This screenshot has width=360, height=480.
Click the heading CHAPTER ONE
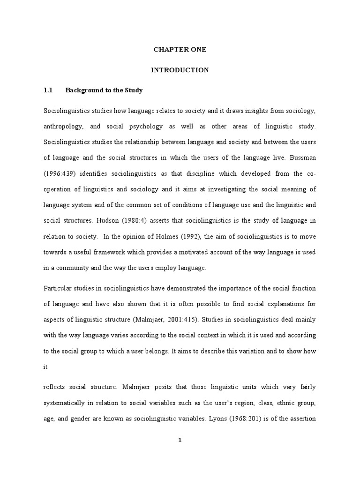tap(180, 49)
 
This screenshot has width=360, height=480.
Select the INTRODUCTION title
tap(180, 70)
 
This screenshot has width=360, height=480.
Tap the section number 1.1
tap(49, 90)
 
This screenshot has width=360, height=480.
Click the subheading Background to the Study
tap(104, 90)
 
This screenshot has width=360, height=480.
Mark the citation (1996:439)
tap(60, 174)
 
